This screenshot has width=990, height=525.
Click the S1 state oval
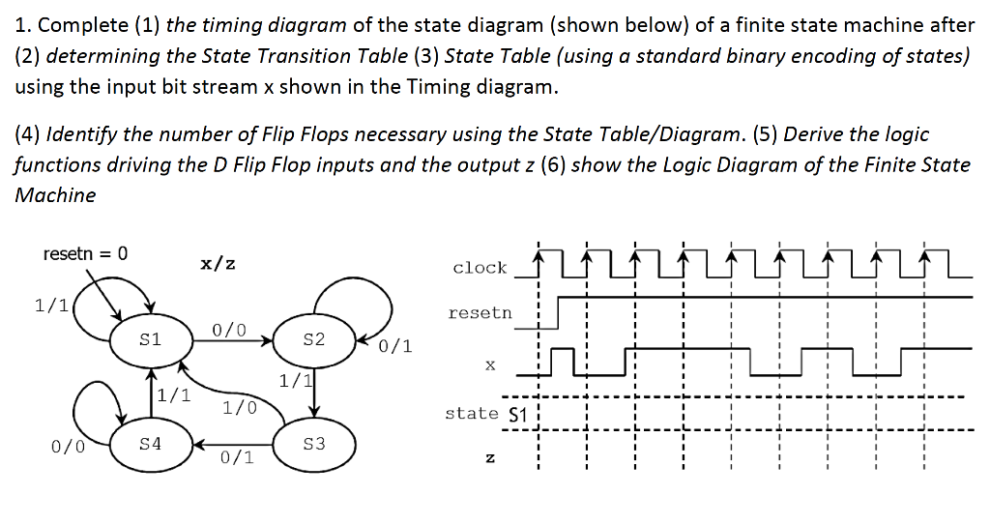pos(151,340)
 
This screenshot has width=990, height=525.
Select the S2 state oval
pos(313,340)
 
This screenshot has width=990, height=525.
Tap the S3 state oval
pos(313,445)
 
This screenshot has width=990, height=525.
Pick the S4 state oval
pos(151,445)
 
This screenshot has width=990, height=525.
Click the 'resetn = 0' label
pos(85,254)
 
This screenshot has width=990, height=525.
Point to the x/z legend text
pos(217,263)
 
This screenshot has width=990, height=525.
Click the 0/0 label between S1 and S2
pos(229,331)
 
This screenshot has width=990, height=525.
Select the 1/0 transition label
pos(239,407)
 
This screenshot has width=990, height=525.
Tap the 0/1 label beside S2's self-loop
pos(395,346)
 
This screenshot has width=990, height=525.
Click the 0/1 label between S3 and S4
pos(237,458)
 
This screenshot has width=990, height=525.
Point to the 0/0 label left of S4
pos(67,447)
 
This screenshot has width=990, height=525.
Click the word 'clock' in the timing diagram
pos(480,268)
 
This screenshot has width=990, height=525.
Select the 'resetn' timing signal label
pos(480,313)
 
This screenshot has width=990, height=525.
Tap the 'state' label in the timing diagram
pos(472,413)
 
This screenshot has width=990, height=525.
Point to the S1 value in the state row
pos(515,415)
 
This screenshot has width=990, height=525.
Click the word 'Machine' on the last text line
pos(55,194)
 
